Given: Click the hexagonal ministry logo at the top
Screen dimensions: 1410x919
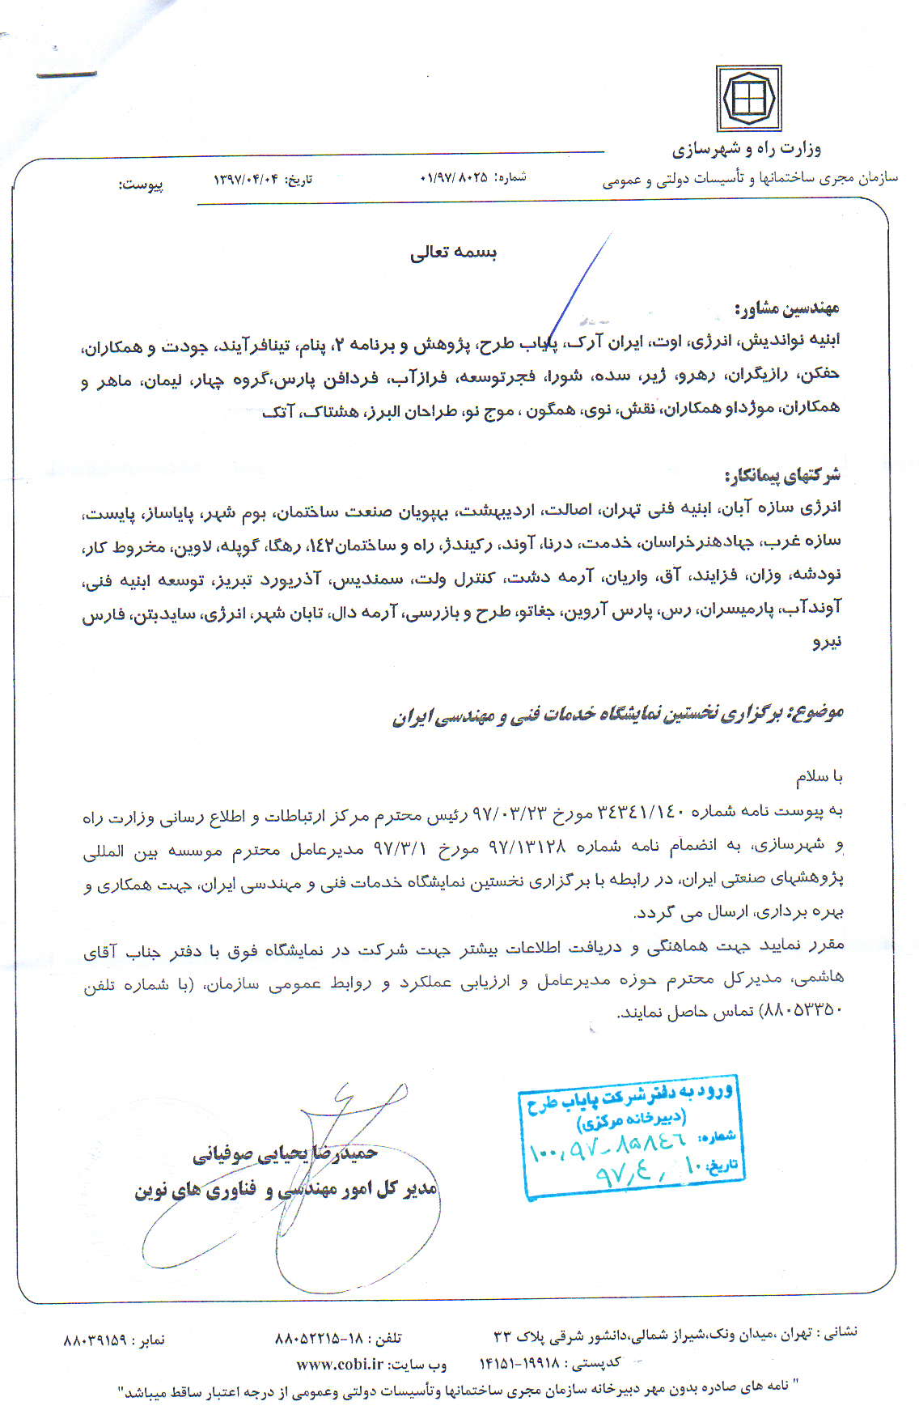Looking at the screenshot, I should point(748,100).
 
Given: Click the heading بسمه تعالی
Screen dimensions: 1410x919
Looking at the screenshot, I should point(453,252).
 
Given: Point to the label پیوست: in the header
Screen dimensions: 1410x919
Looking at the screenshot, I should point(142,185).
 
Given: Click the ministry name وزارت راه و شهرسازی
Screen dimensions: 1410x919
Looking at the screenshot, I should point(746,149).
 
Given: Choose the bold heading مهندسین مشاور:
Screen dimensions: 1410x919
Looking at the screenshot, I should point(786,308).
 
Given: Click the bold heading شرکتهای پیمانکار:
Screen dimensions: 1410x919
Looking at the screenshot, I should point(782,475).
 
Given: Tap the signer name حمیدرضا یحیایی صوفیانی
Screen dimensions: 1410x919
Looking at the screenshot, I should point(285,1153).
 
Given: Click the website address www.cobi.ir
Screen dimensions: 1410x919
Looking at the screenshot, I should point(340,1365).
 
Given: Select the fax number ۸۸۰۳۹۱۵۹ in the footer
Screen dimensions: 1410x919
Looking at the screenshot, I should point(95,1340).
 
